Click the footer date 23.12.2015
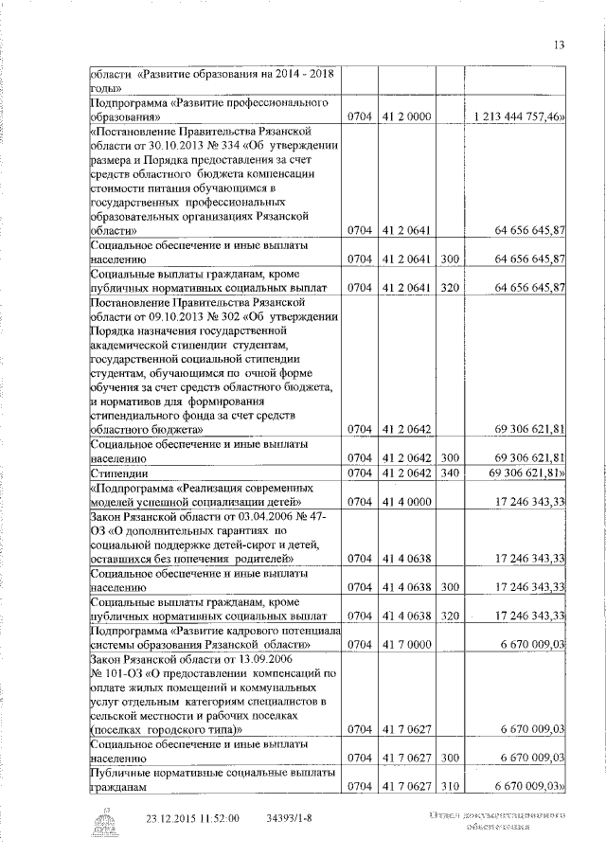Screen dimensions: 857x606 [175, 817]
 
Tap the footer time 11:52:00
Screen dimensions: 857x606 [220, 817]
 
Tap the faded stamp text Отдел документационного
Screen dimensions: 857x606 [498, 814]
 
